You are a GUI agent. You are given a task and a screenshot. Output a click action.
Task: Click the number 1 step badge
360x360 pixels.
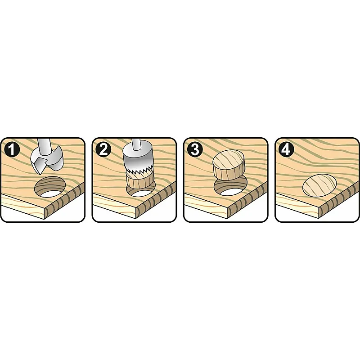(12, 149)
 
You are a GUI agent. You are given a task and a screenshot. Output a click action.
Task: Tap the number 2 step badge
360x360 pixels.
(103, 149)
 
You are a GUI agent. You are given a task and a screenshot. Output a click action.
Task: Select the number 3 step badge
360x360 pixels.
(195, 149)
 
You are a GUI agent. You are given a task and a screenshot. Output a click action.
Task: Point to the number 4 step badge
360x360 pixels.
(286, 149)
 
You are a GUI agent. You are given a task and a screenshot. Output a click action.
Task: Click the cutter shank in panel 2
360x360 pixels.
(136, 144)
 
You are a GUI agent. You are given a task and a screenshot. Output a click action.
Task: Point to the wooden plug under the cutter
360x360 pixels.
(140, 181)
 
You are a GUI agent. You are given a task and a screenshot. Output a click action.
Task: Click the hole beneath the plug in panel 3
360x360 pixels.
(230, 187)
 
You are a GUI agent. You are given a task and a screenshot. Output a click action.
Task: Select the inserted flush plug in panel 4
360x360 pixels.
(320, 185)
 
